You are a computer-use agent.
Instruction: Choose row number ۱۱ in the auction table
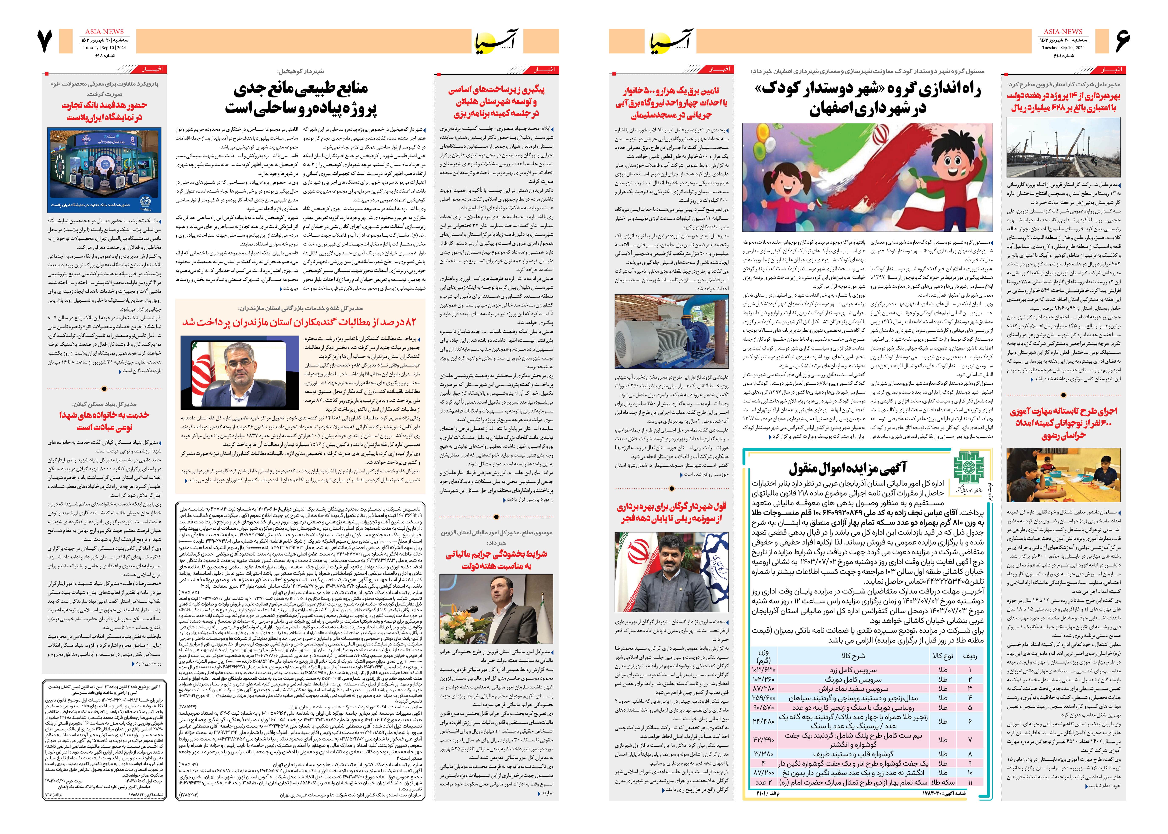[x=970, y=782]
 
